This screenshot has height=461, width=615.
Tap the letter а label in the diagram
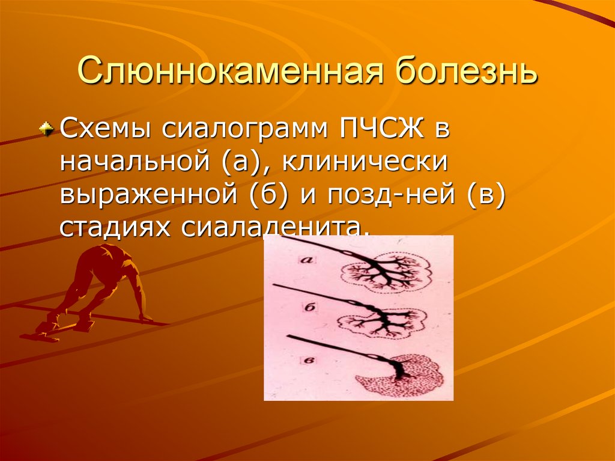tap(307, 260)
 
